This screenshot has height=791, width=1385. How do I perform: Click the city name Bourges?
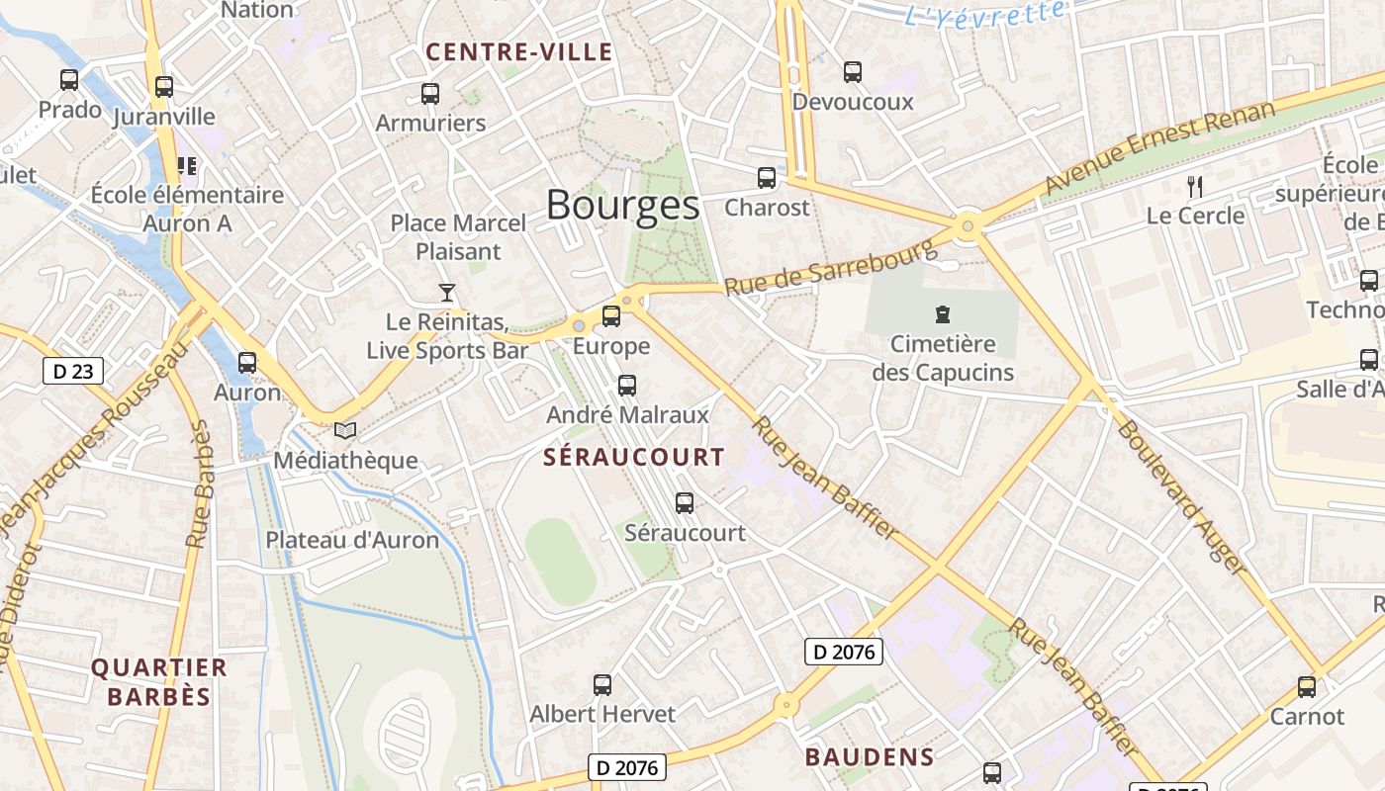click(622, 206)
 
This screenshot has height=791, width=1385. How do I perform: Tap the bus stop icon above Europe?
click(611, 316)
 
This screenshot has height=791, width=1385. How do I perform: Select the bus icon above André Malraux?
click(627, 386)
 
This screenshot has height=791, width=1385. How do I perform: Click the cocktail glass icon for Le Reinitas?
click(447, 293)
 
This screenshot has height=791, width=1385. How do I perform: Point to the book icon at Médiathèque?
click(344, 430)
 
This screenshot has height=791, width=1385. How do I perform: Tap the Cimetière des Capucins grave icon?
click(942, 315)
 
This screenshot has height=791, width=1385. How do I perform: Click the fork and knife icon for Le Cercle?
click(1195, 186)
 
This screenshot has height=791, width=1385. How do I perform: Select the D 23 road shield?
click(73, 372)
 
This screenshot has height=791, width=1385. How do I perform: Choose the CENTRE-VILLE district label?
click(519, 53)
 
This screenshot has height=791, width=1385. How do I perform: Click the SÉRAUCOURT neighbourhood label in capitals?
click(634, 458)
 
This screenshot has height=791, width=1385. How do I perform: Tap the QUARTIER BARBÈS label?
click(158, 681)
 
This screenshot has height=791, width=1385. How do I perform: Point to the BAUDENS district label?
click(869, 757)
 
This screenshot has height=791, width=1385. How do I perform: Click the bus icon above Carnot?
click(1307, 687)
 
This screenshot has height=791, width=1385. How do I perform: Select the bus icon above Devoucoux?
click(853, 72)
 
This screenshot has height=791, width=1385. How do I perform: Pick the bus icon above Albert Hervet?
click(602, 684)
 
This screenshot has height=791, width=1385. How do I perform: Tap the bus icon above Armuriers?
click(430, 94)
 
